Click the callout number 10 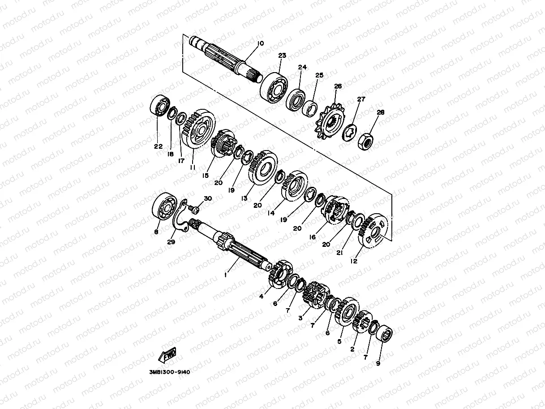coord(260,43)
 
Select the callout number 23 coord(282,56)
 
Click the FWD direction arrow coord(167,354)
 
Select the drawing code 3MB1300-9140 coord(170,372)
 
